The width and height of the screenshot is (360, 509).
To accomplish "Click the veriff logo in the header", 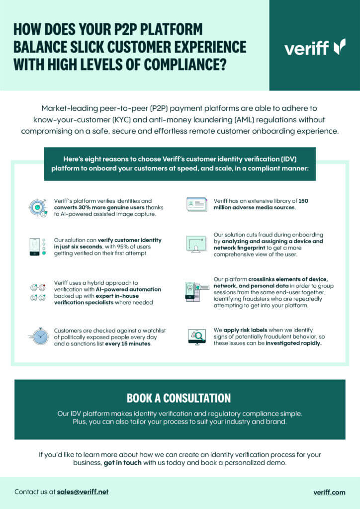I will tap(315, 47).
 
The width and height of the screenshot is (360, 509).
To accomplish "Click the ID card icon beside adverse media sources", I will tap(196, 204).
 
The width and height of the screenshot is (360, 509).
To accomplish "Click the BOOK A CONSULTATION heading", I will tap(179, 398).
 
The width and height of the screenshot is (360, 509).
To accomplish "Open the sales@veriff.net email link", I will tap(83, 492).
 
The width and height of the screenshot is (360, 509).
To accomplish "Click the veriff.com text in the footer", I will tap(329, 492).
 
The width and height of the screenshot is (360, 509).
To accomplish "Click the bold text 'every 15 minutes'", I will tap(130, 343).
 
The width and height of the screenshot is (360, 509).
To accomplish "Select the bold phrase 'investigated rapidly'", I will tap(293, 343).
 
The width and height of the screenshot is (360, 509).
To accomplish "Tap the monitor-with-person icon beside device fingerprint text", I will tap(196, 244).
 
